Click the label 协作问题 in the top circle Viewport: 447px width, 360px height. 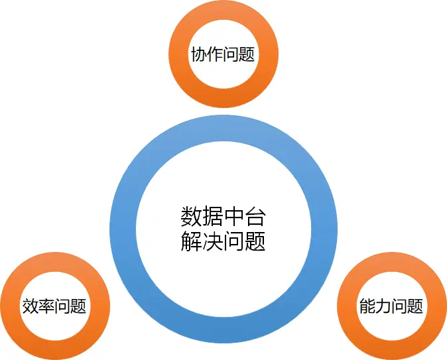(x=223, y=54)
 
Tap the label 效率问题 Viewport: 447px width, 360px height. (x=54, y=306)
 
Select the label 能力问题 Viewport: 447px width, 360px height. (x=391, y=306)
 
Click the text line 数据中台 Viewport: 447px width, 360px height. (x=223, y=217)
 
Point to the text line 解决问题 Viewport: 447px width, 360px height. (x=223, y=241)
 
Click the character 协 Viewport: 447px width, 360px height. (x=199, y=54)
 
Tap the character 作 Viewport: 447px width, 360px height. (x=215, y=54)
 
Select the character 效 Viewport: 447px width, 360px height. (x=30, y=306)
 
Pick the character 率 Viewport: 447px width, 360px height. (x=46, y=306)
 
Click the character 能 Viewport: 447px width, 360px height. (x=367, y=306)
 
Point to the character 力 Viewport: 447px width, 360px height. (x=383, y=306)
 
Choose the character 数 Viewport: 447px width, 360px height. (x=191, y=217)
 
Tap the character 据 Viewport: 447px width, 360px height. (x=212, y=217)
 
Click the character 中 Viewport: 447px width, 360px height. (x=234, y=217)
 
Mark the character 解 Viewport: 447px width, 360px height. (x=191, y=241)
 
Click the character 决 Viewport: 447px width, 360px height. (x=212, y=241)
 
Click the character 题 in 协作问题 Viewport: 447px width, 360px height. (x=247, y=54)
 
